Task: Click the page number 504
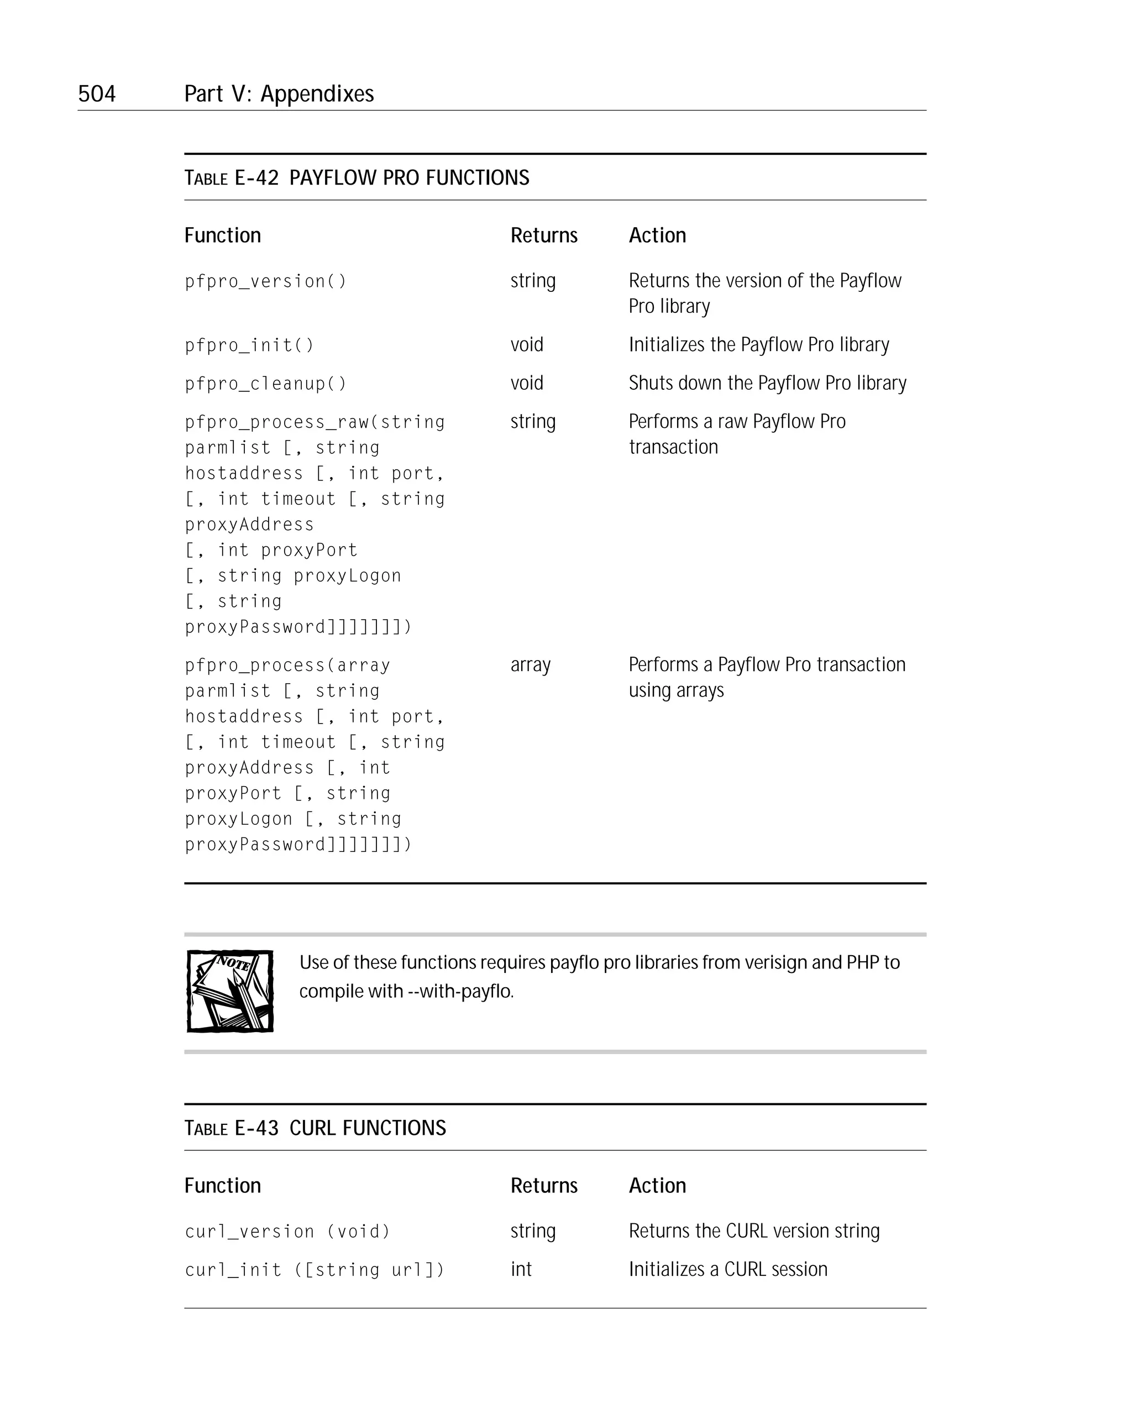97,93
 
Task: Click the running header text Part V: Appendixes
279,93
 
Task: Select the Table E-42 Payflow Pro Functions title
357,177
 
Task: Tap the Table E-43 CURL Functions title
315,1128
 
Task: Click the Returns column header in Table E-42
544,235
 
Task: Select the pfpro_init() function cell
249,345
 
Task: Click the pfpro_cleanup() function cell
265,383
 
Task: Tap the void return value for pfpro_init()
527,344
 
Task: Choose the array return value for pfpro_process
531,665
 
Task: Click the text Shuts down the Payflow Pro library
767,383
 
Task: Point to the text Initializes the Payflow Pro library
759,344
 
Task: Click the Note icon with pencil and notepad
230,991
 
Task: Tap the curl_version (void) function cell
287,1231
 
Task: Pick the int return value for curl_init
521,1269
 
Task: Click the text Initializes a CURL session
728,1269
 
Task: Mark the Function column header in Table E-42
222,235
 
